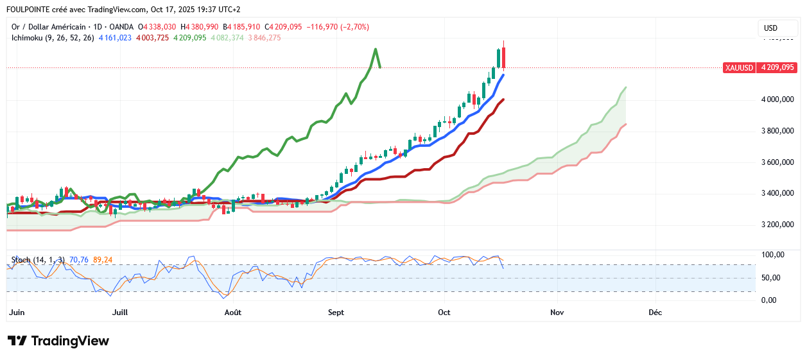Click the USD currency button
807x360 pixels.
click(x=770, y=28)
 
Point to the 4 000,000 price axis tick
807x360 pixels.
click(x=778, y=99)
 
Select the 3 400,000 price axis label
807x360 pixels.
click(x=778, y=193)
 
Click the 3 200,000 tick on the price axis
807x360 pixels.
click(x=778, y=225)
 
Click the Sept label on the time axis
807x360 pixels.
click(x=336, y=313)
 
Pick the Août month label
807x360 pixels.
click(x=233, y=313)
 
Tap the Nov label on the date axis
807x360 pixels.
click(x=557, y=313)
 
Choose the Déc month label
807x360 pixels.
click(x=655, y=313)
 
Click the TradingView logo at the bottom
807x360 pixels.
click(x=58, y=341)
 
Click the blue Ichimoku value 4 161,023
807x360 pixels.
click(x=115, y=38)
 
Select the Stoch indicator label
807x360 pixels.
click(x=22, y=259)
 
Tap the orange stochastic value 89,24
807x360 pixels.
click(x=103, y=259)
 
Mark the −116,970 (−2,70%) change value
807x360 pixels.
click(x=338, y=27)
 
